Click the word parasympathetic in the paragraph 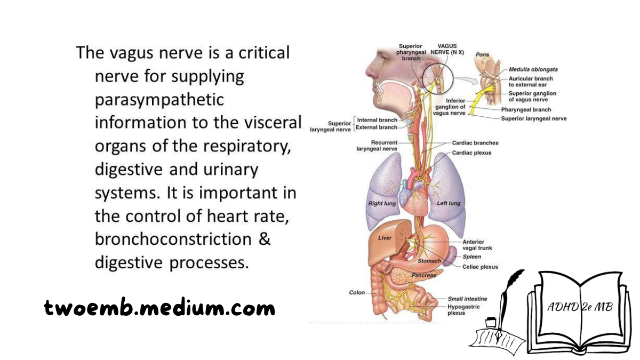point(159,100)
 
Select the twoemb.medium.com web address point(159,308)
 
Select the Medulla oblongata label point(533,69)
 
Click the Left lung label point(449,203)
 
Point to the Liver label point(385,238)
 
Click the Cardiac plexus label point(471,153)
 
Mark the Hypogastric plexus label point(463,310)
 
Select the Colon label point(357,293)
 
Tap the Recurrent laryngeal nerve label point(377,146)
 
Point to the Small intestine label point(467,299)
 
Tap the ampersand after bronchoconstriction point(265,239)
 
